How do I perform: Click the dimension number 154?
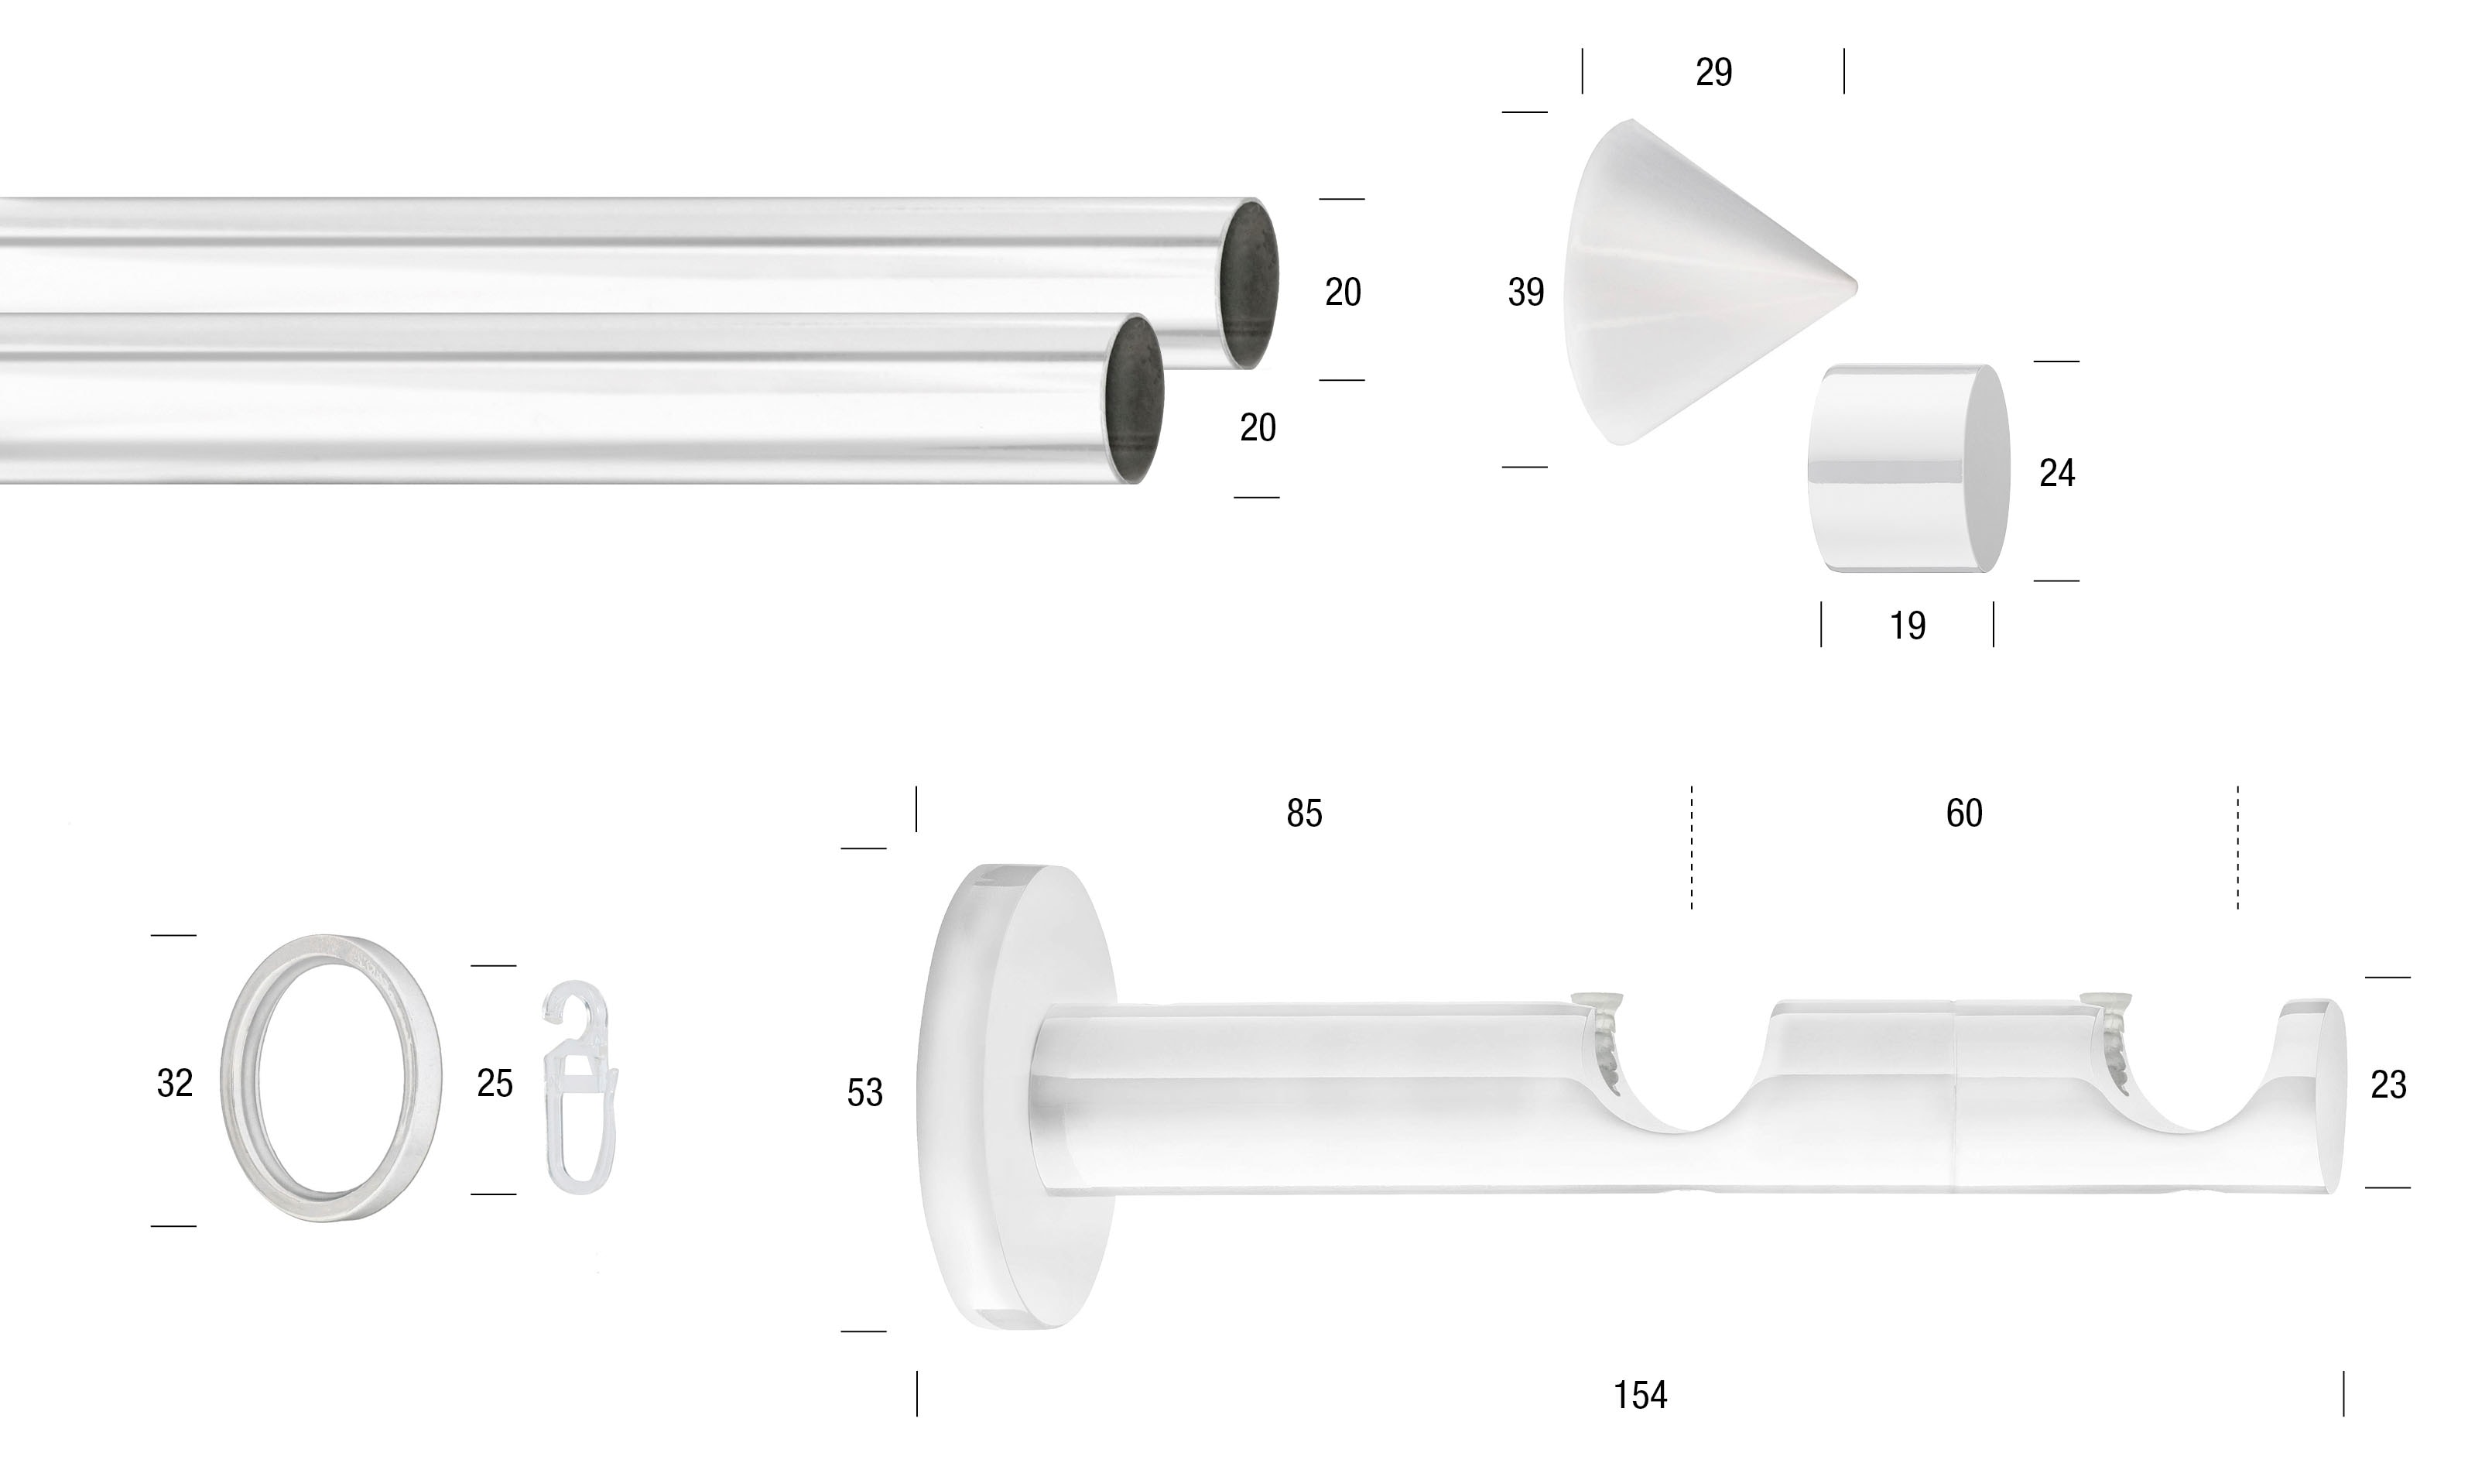pyautogui.click(x=1639, y=1395)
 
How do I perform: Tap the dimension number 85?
pyautogui.click(x=1303, y=814)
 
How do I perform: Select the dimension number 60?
pyautogui.click(x=1963, y=814)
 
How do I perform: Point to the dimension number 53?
pyautogui.click(x=864, y=1092)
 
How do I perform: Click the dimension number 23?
pyautogui.click(x=2388, y=1085)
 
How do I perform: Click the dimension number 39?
pyautogui.click(x=1525, y=292)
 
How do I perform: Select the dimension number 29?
pyautogui.click(x=1713, y=72)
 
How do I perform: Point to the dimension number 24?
pyautogui.click(x=2056, y=473)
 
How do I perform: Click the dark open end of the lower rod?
pyautogui.click(x=1135, y=399)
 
